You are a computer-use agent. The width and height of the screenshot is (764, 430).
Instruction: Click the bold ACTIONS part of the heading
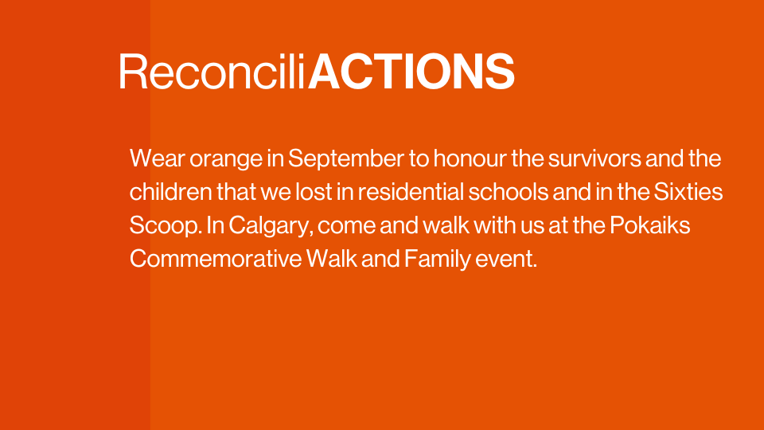(x=411, y=72)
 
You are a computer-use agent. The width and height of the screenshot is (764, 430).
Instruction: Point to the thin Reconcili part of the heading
(x=212, y=72)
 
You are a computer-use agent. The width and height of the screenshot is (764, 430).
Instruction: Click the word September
(x=346, y=159)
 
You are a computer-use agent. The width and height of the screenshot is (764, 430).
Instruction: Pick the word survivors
(x=594, y=158)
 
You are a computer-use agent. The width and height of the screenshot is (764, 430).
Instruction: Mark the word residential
(x=411, y=192)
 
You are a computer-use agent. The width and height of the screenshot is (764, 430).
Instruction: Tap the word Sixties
(x=688, y=192)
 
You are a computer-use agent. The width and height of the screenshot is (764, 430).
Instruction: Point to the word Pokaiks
(x=650, y=225)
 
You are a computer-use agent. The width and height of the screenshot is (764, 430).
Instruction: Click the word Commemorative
(x=216, y=258)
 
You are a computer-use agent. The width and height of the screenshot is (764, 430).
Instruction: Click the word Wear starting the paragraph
(x=158, y=158)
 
